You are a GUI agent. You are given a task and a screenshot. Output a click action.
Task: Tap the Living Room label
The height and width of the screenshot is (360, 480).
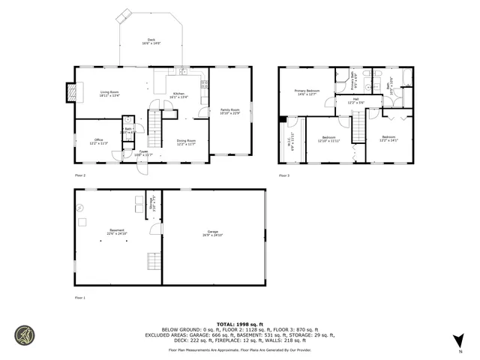coord(109,94)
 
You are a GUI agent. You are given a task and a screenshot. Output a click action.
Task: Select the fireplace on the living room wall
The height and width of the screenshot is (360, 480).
coord(72,92)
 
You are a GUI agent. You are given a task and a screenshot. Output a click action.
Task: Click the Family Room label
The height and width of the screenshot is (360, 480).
coord(229,112)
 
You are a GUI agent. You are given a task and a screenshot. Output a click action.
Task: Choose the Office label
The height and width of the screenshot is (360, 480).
coord(99,141)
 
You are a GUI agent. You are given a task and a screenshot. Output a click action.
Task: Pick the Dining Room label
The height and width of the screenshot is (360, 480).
coord(186,142)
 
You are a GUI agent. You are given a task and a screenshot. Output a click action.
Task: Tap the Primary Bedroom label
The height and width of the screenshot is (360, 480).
coord(306,92)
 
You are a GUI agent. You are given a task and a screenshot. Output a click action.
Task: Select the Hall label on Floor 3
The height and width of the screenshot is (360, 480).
coord(355,100)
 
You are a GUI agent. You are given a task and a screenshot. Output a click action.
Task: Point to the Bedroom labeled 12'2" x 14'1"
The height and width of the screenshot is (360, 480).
coord(388,139)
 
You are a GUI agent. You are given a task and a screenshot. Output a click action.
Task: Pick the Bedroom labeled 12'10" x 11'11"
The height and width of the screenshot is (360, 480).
coord(329,139)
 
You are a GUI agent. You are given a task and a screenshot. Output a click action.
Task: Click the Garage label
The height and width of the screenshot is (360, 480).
coord(213,232)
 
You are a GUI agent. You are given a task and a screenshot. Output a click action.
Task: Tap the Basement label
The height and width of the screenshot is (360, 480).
coord(117,231)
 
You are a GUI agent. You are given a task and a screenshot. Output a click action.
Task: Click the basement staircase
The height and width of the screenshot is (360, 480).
coord(153,260)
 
